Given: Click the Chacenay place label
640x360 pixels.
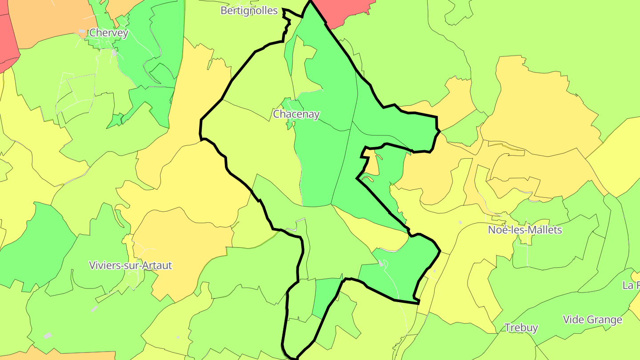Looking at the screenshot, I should pos(296,114).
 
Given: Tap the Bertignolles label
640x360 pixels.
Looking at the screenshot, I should pos(249,11).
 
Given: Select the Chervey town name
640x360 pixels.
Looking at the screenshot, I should pos(109,32).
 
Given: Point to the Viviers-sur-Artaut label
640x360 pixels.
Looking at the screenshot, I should pos(130,265).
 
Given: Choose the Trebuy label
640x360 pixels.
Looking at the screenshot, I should pos(521,328).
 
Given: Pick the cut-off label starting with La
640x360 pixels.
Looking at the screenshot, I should pos(631,285).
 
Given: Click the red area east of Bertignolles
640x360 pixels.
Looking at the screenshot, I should pos(347,11).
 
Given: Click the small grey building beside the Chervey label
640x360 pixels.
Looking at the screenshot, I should pos(82,32).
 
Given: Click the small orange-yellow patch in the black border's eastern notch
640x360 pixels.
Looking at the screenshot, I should pos(372,162).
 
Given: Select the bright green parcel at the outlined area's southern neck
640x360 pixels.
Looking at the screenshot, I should pos(326,296).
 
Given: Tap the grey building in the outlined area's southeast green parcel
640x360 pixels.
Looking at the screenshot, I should pos(381,264).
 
